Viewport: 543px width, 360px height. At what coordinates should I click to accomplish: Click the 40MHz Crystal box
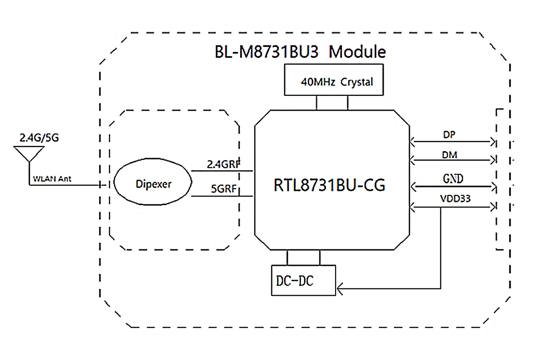point(334,80)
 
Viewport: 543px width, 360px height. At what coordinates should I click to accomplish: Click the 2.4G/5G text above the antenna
point(39,137)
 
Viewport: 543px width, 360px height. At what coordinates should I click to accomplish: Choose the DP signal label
point(449,135)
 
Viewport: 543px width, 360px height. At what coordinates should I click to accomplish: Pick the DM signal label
point(449,155)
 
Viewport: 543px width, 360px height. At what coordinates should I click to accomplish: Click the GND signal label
point(452,178)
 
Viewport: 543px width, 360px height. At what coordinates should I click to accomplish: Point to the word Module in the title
point(357,52)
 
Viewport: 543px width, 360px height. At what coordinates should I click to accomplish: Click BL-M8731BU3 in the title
point(267,52)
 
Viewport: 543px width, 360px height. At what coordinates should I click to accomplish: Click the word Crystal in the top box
point(357,82)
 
